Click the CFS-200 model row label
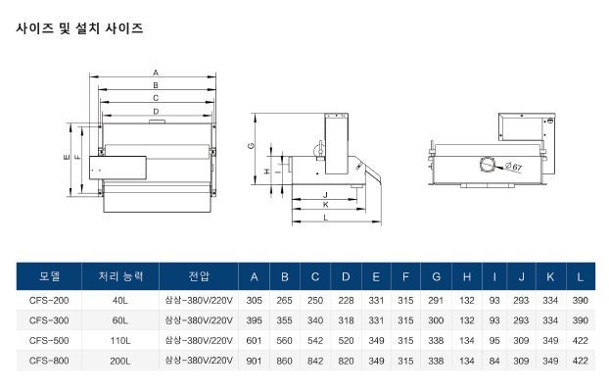(49, 301)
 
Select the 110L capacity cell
(120, 341)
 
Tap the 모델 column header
(49, 276)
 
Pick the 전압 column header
(199, 276)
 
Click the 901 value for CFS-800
(254, 361)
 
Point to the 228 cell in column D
(346, 301)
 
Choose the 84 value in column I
(494, 361)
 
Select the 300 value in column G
(436, 320)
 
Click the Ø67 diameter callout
(513, 167)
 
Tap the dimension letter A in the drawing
(156, 73)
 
